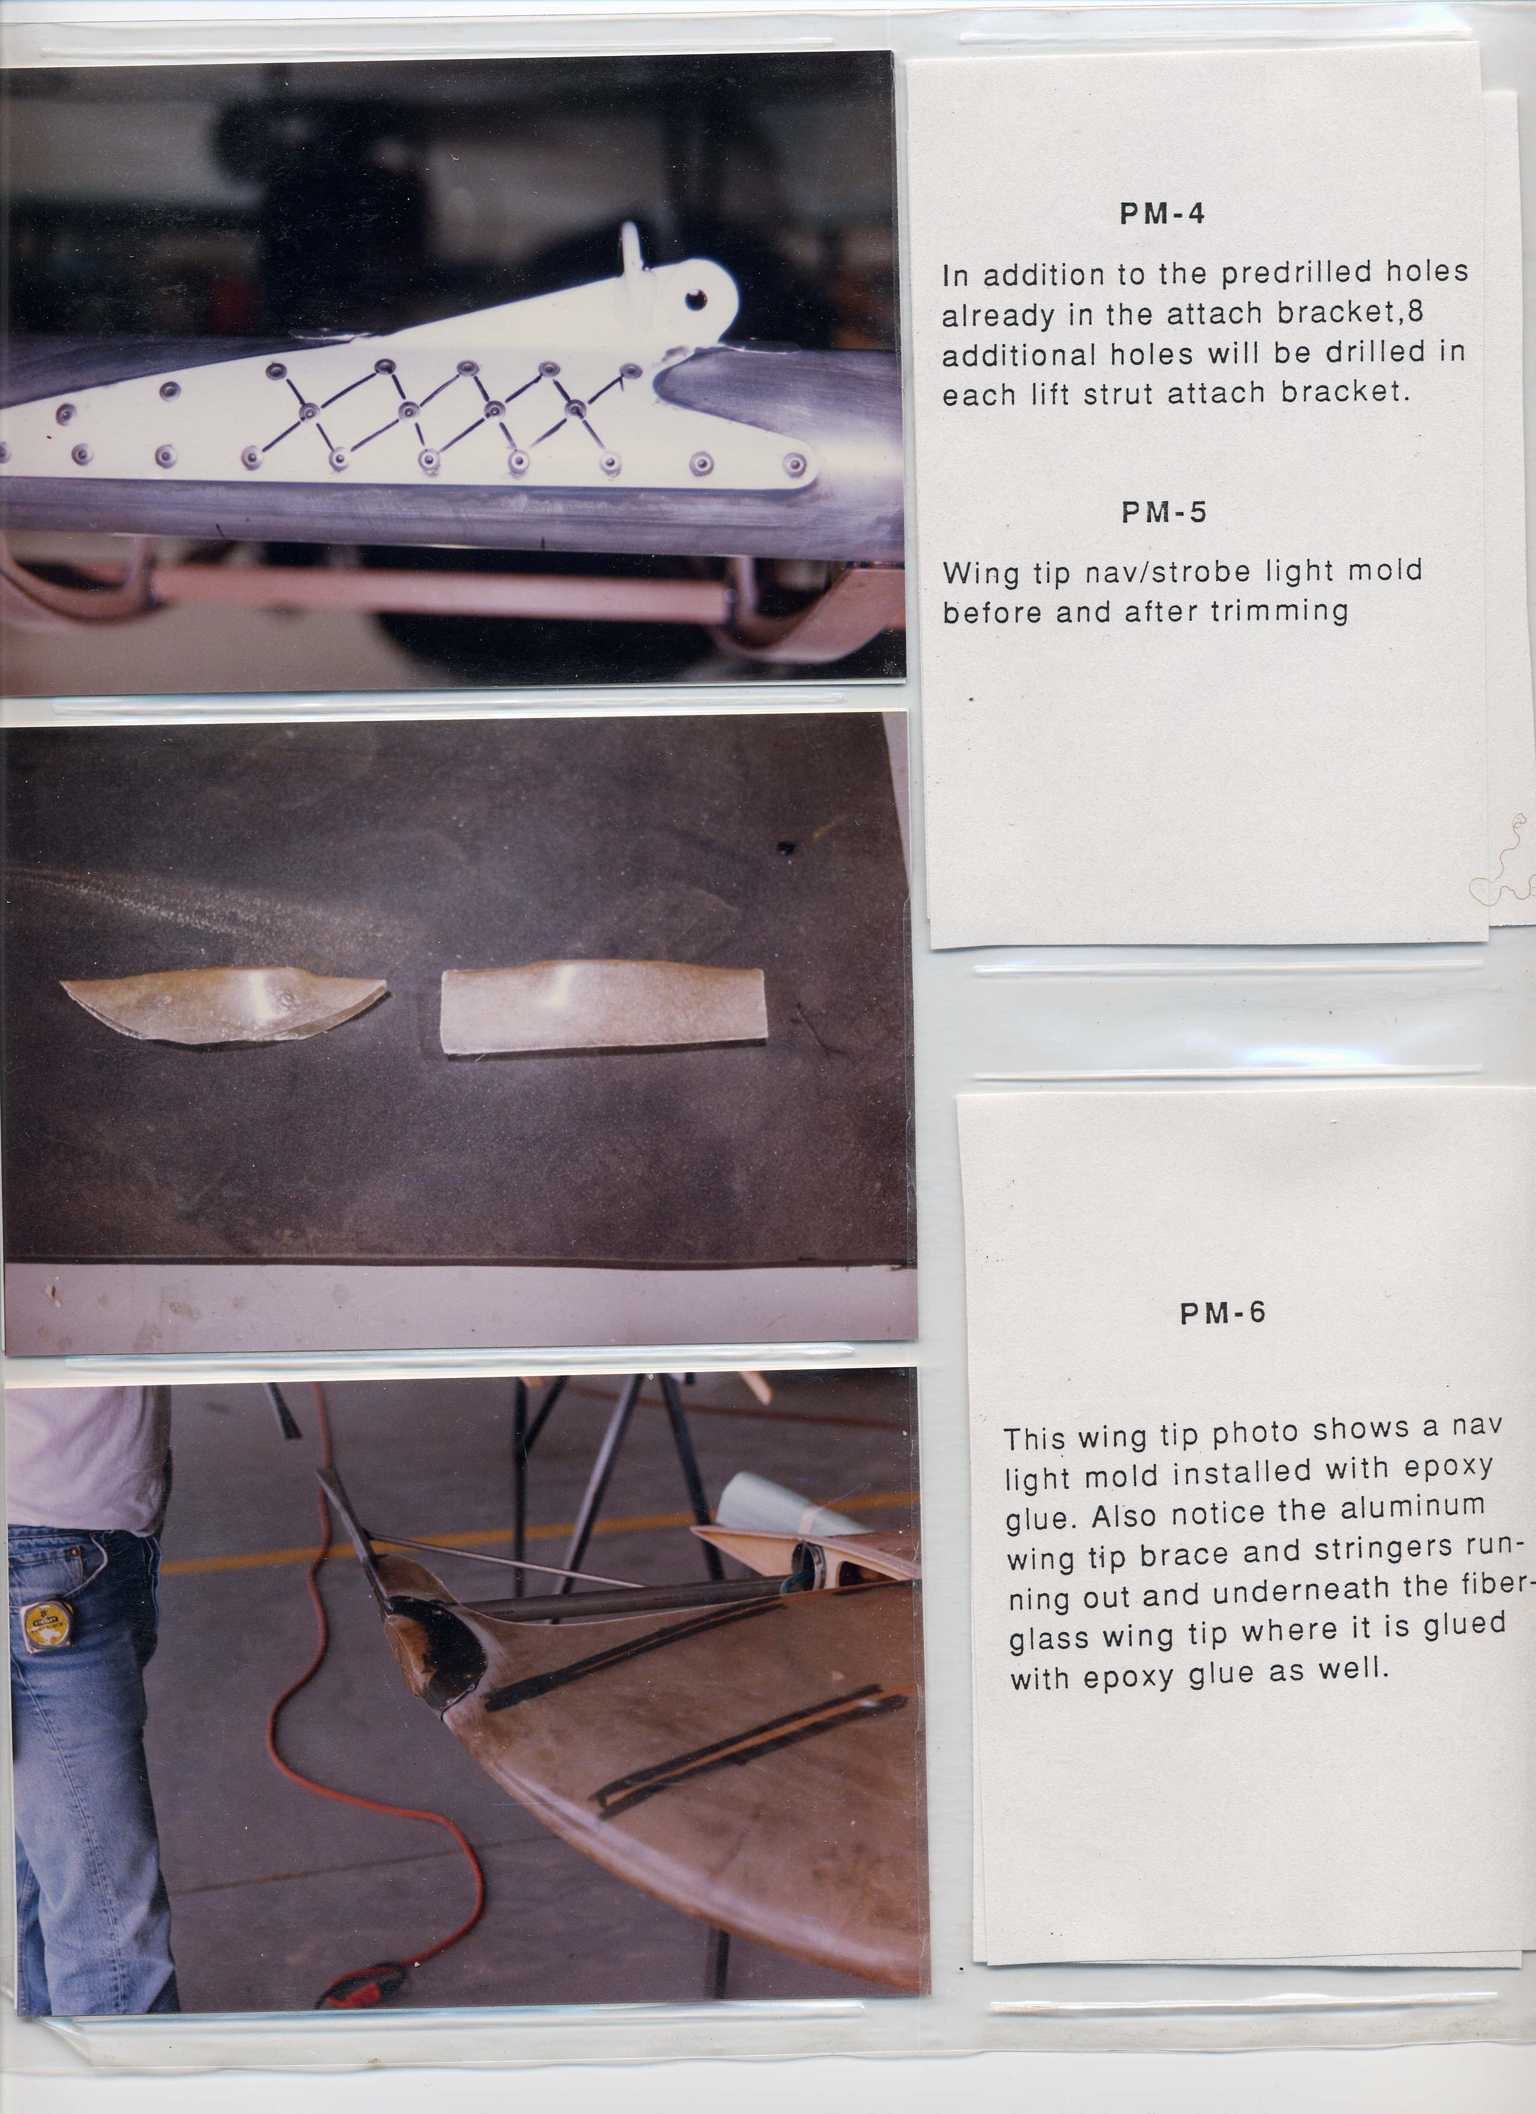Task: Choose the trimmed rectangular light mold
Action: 603,1009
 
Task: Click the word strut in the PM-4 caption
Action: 1116,393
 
